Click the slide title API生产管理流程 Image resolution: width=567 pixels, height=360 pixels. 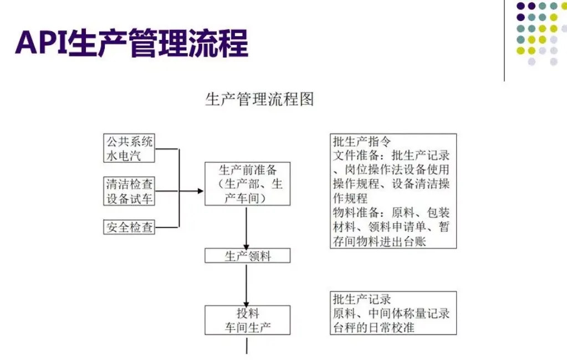click(x=131, y=43)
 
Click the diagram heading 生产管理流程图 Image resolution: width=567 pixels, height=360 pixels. click(x=259, y=99)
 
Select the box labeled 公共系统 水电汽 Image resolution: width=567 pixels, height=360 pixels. click(x=129, y=148)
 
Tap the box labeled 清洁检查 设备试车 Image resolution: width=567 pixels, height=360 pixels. click(x=129, y=191)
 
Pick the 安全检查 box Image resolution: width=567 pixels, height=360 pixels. click(x=129, y=227)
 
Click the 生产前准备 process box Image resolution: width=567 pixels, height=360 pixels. click(x=247, y=184)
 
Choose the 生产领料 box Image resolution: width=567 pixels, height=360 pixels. click(x=247, y=256)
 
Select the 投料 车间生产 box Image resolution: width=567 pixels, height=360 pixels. click(x=247, y=321)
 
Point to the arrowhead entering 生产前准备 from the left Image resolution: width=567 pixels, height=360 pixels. click(x=200, y=191)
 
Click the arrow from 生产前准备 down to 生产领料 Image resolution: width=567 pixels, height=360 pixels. click(x=247, y=227)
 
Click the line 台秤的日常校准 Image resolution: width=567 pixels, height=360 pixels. click(x=374, y=327)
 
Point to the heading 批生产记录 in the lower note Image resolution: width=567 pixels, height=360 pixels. click(x=361, y=299)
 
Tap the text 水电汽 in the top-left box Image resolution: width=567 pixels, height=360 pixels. click(x=124, y=155)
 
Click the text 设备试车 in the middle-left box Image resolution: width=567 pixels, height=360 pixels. click(x=129, y=199)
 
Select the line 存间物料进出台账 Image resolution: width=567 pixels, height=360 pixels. click(x=380, y=242)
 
